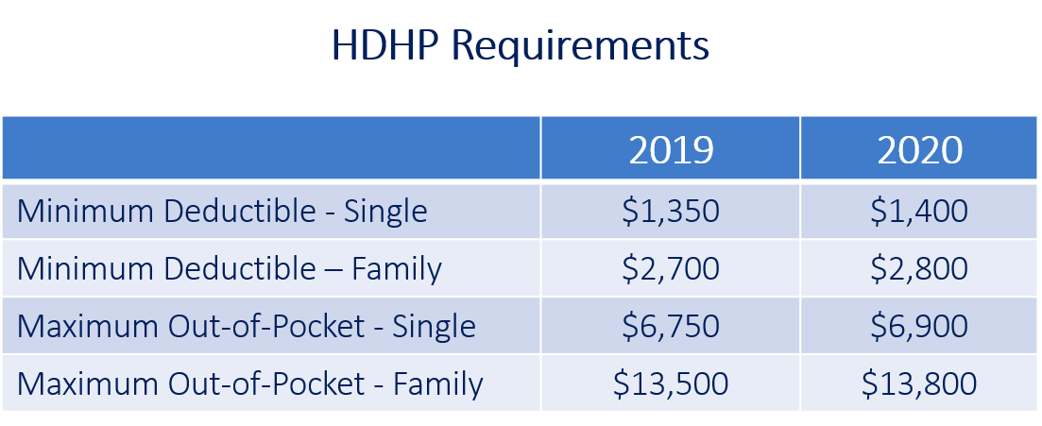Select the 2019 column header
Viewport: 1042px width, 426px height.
[x=671, y=150]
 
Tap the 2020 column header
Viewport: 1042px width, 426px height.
[x=920, y=150]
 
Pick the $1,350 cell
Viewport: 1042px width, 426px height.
[x=671, y=212]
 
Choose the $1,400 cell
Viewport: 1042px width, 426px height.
[x=920, y=212]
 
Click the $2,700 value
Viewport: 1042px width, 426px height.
[x=671, y=269]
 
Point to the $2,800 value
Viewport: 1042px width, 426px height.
[x=920, y=269]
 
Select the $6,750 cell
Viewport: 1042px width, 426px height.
[x=671, y=326]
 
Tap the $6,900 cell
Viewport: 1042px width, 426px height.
[x=920, y=326]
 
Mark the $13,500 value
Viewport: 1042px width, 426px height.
[x=671, y=384]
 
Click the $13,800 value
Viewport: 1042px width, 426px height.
[x=920, y=384]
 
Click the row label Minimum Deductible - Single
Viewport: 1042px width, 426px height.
[x=222, y=213]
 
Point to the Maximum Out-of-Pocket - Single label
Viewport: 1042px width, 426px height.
[x=247, y=327]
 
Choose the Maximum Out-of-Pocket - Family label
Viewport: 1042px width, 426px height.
[x=249, y=384]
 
